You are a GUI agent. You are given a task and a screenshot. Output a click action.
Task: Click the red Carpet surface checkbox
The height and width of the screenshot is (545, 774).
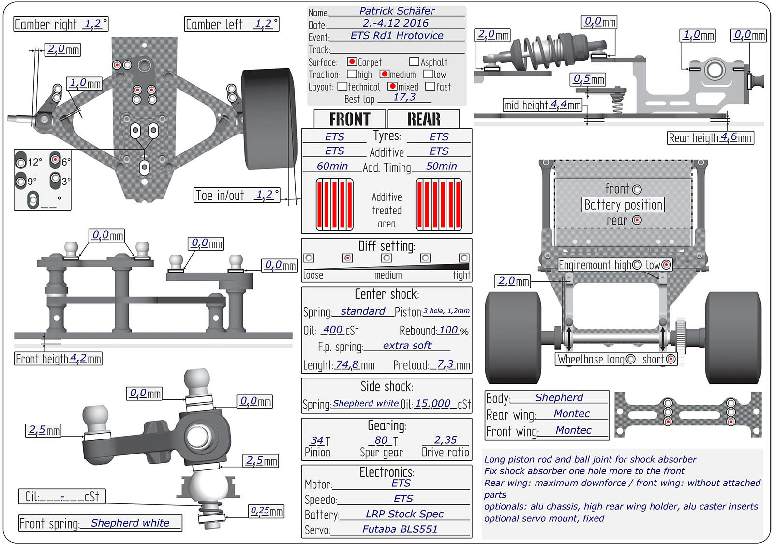point(352,61)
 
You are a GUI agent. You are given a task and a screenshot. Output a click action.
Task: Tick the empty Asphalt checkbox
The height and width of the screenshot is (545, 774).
point(414,61)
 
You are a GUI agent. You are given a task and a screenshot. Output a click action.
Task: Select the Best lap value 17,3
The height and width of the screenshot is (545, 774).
point(404,97)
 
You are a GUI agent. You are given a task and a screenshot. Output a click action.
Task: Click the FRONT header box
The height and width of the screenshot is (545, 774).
point(350,119)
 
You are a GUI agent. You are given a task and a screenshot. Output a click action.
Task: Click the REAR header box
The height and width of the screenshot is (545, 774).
point(424,119)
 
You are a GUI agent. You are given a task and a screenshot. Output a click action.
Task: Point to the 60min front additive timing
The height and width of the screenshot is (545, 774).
point(332,166)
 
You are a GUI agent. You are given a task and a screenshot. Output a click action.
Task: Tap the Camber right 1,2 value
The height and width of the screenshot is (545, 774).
point(93,24)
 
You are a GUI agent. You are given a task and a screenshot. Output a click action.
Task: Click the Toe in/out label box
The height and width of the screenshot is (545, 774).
point(237,195)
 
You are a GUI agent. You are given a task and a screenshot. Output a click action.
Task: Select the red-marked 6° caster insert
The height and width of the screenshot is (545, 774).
point(55,160)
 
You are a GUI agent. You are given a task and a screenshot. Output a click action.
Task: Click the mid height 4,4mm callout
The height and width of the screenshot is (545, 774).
point(542,105)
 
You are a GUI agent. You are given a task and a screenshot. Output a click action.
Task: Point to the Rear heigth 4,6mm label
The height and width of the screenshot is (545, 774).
point(710,138)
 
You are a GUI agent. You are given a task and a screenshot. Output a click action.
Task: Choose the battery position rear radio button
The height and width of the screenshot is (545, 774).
point(637,220)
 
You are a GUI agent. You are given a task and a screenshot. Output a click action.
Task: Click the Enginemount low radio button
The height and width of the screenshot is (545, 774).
point(666,265)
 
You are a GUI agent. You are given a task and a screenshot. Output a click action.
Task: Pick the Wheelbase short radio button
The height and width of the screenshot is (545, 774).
point(670,359)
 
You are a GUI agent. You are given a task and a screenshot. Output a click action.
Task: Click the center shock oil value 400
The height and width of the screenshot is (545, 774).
point(333,330)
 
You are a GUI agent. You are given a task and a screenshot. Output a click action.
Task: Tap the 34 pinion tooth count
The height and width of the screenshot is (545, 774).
point(317,440)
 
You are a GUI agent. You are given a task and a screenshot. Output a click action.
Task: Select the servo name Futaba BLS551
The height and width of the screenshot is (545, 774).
point(400,529)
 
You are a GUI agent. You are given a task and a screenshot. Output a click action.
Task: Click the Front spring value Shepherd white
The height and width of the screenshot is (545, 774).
point(130,523)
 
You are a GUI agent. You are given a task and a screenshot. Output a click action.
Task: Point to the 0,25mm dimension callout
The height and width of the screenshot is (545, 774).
point(267,511)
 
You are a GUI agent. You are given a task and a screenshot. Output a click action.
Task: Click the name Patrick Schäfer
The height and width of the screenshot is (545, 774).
point(397,11)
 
